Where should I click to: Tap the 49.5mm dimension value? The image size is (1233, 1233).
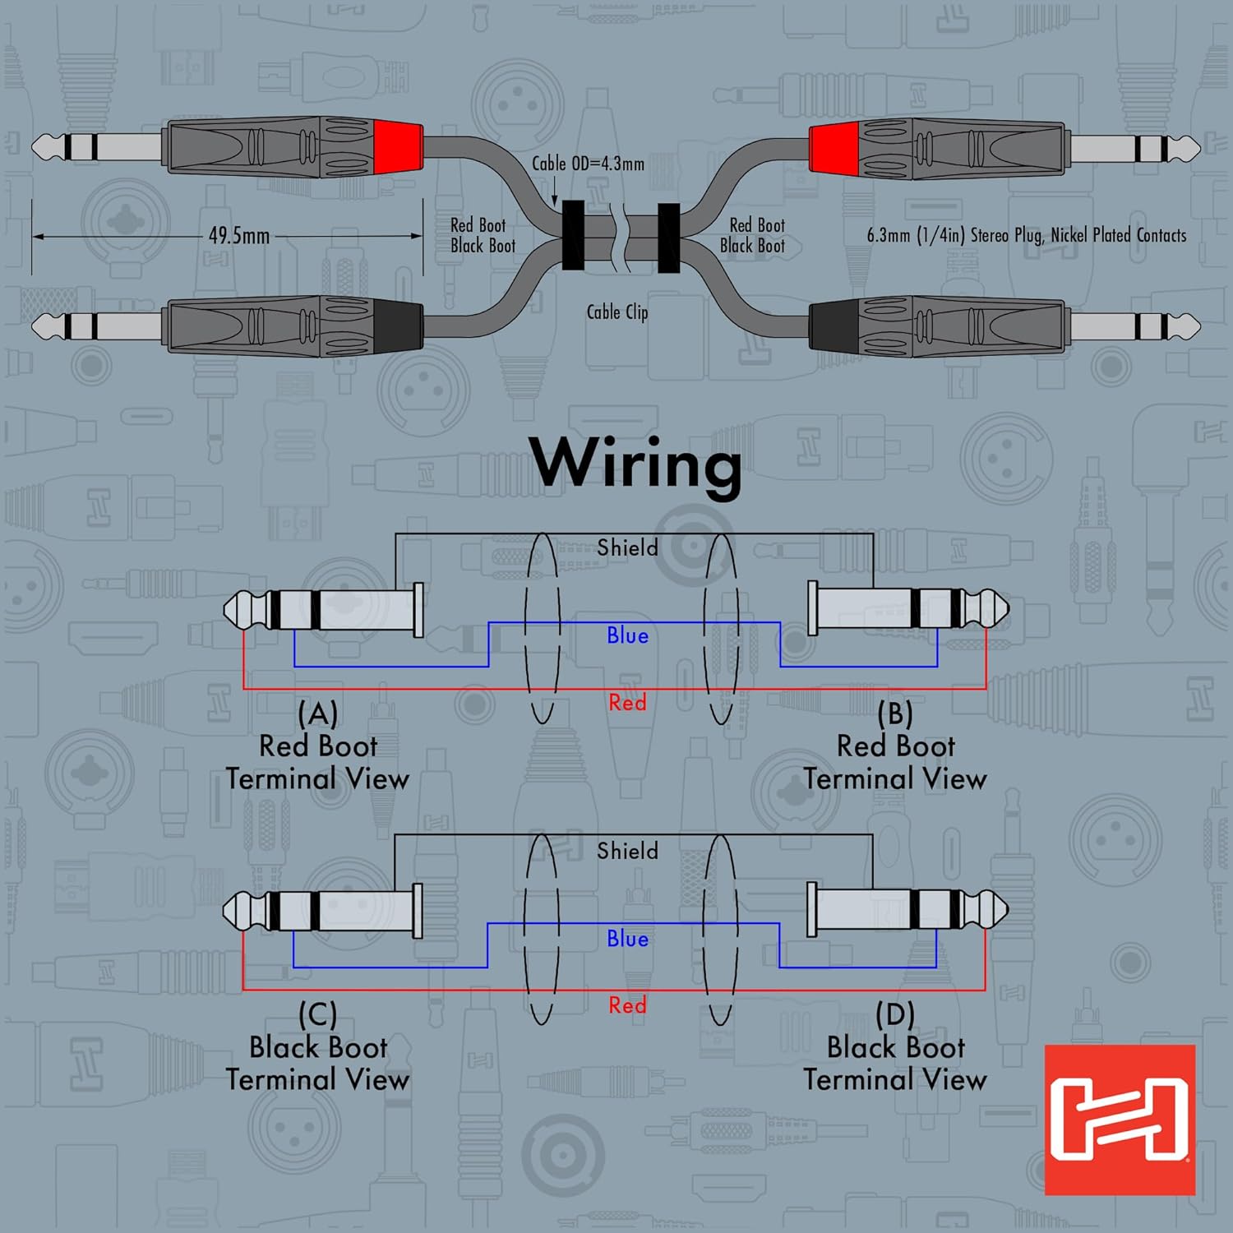click(x=238, y=236)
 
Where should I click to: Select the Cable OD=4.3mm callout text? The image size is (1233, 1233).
click(x=588, y=164)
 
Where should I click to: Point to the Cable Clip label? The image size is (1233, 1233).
click(x=617, y=312)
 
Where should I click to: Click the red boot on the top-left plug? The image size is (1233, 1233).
click(x=399, y=146)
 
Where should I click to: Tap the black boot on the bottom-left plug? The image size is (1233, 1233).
click(x=399, y=326)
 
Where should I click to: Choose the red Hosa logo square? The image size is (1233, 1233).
click(x=1120, y=1120)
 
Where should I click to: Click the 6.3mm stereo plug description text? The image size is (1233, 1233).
click(x=1027, y=235)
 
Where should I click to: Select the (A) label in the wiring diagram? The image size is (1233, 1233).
click(x=317, y=713)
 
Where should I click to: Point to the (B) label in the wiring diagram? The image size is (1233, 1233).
click(x=895, y=713)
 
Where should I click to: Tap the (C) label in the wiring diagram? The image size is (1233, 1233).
click(x=317, y=1014)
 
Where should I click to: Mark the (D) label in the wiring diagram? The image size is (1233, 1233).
click(x=895, y=1014)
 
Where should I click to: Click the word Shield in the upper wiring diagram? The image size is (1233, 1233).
click(x=627, y=547)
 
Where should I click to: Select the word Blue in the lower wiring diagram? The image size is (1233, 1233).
click(x=627, y=939)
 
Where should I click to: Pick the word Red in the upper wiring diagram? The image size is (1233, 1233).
click(x=627, y=703)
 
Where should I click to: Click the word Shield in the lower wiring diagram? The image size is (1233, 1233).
click(x=627, y=851)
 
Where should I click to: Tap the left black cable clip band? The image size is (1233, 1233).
click(x=573, y=235)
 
